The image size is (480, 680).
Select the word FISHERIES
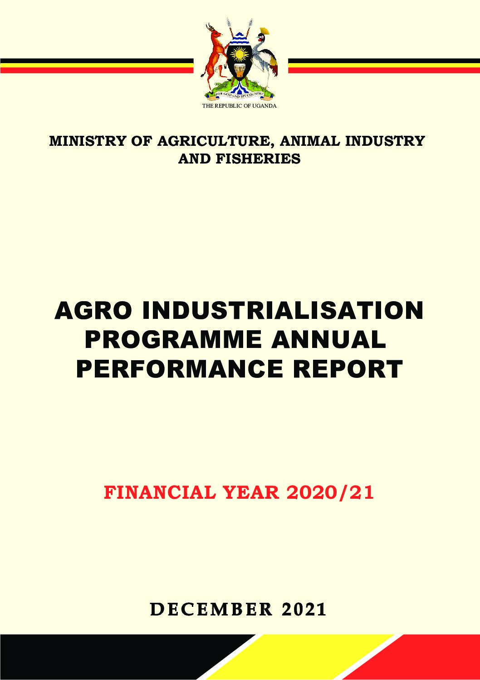click(258, 159)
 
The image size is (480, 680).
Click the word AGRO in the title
click(94, 310)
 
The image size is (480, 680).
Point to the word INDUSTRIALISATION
click(282, 310)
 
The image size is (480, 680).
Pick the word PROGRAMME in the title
click(173, 339)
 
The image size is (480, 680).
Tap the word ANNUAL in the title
click(328, 339)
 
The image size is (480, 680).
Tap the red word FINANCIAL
click(160, 492)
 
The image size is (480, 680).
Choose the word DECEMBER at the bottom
click(211, 610)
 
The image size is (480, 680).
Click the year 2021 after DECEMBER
click(304, 610)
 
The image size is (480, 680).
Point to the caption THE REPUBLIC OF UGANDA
click(239, 106)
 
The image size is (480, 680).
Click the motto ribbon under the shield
click(240, 95)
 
